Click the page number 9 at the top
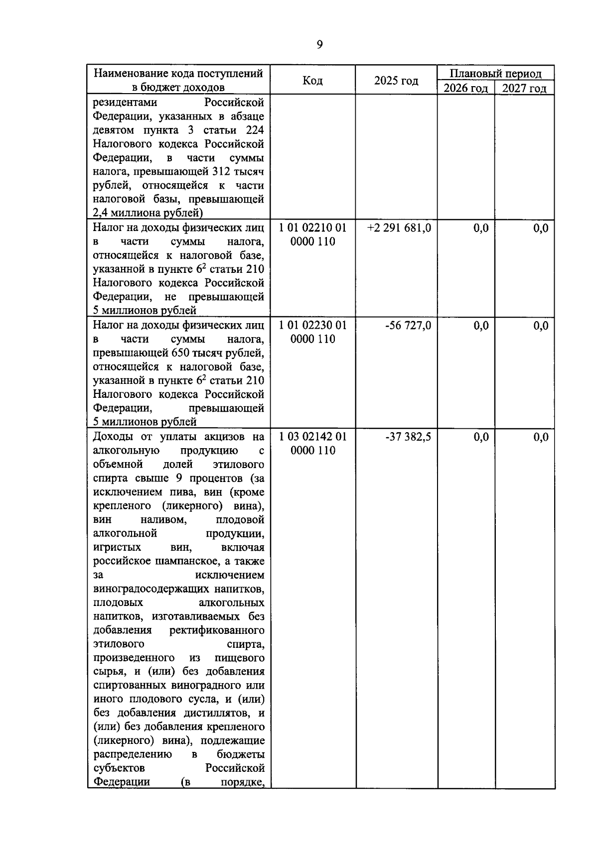pos(319,45)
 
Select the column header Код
pos(312,80)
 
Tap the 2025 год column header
pos(396,80)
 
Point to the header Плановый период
pos(495,74)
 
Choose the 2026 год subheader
pos(465,89)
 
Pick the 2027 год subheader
pos(524,89)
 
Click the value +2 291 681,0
pos(399,228)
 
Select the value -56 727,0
pos(408,326)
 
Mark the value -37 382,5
pos(408,437)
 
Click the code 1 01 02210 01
pos(313,228)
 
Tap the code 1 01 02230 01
pos(313,326)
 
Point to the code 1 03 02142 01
pos(313,437)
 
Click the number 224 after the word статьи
pos(255,130)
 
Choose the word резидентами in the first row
pos(125,103)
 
